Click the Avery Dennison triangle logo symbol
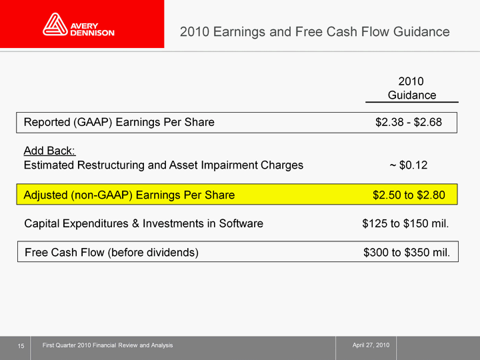(x=55, y=24)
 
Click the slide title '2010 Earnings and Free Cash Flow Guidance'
(x=315, y=32)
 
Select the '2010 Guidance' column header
(x=412, y=88)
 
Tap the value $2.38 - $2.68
(x=409, y=122)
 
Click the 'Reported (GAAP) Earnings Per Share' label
(x=119, y=122)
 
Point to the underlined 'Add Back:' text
(x=49, y=151)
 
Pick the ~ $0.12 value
(x=409, y=165)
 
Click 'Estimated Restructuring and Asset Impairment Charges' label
(x=163, y=165)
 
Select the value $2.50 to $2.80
(x=409, y=195)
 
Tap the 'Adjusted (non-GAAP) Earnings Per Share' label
(x=129, y=195)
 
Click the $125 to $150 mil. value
(x=405, y=223)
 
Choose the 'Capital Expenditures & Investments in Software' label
(x=143, y=223)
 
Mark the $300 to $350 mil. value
(x=407, y=252)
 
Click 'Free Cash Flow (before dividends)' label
(x=111, y=253)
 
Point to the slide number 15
(x=21, y=346)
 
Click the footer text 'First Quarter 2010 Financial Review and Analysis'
(x=107, y=345)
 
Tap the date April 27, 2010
(x=371, y=345)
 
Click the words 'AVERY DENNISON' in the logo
(x=92, y=29)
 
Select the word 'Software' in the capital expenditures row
(x=241, y=223)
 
